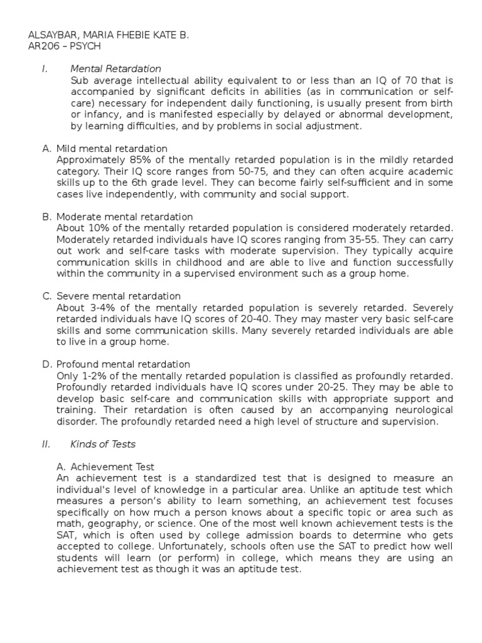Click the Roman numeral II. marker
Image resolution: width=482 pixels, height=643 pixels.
(x=45, y=444)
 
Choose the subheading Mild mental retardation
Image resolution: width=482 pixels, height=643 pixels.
(x=112, y=149)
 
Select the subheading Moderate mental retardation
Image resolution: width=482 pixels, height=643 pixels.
(x=124, y=217)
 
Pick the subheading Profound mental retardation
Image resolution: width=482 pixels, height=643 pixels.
(x=123, y=364)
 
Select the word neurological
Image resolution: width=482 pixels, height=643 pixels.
(x=414, y=409)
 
